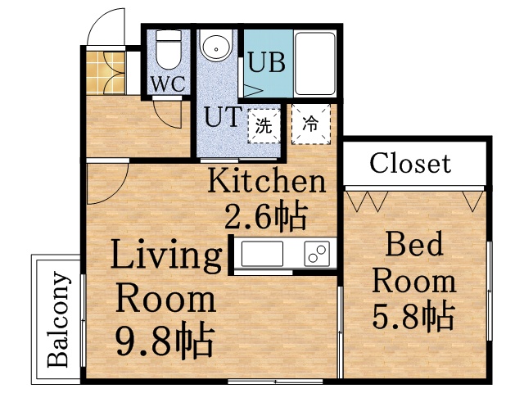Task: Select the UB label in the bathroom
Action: click(266, 62)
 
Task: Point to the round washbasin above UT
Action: click(217, 48)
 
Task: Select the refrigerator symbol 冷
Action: click(311, 124)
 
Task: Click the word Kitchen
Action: click(266, 180)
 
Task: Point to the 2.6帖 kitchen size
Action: click(266, 216)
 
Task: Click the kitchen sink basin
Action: click(262, 254)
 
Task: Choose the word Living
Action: click(166, 256)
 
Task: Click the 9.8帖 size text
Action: click(165, 337)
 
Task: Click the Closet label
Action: click(409, 163)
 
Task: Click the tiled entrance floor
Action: click(103, 73)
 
